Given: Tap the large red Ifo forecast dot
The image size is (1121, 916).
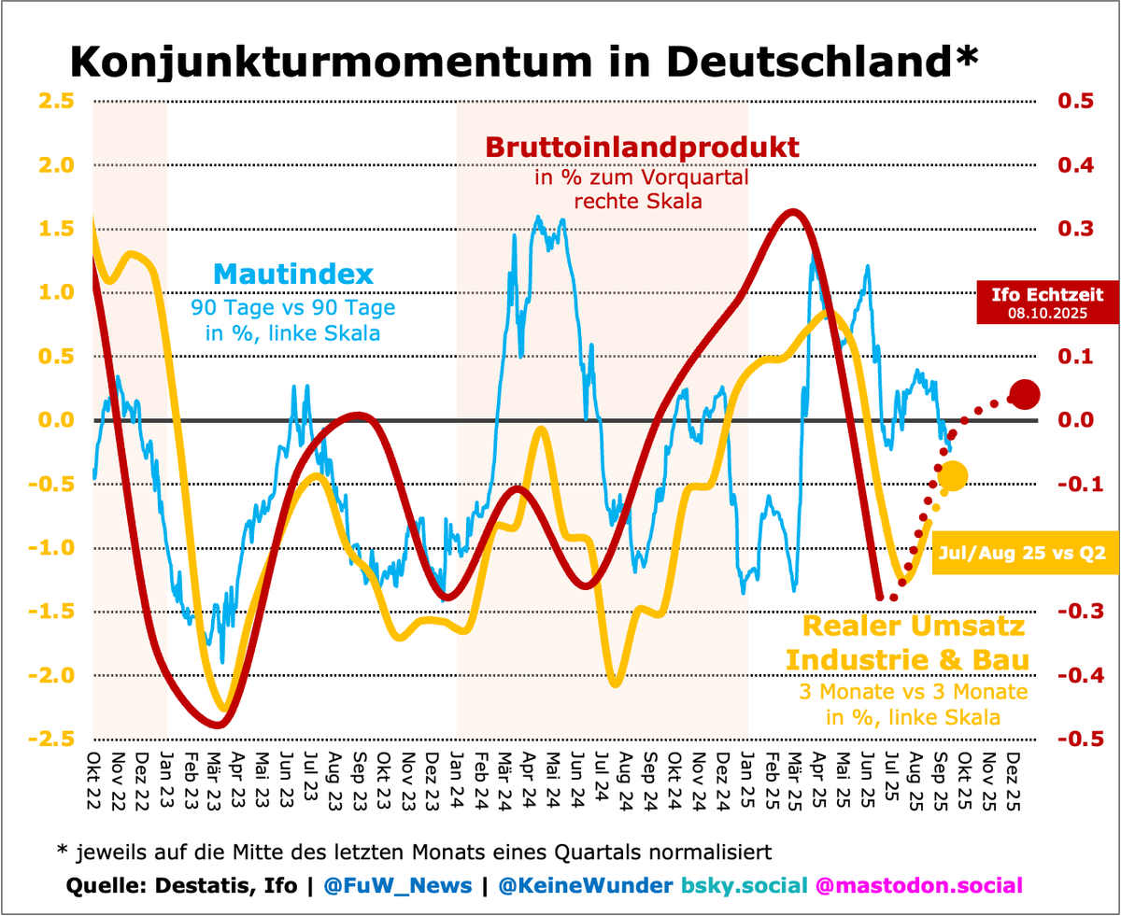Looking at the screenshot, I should coord(1024,395).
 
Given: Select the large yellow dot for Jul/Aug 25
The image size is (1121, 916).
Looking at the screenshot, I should coord(953,475).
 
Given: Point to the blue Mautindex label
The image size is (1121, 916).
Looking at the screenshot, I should coord(293,275).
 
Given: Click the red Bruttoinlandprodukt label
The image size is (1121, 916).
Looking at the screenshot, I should coord(642,148).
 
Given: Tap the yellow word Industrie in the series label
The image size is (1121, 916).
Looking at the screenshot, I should coord(858,660).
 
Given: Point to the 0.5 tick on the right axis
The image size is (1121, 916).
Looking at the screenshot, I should coord(1074,101).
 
